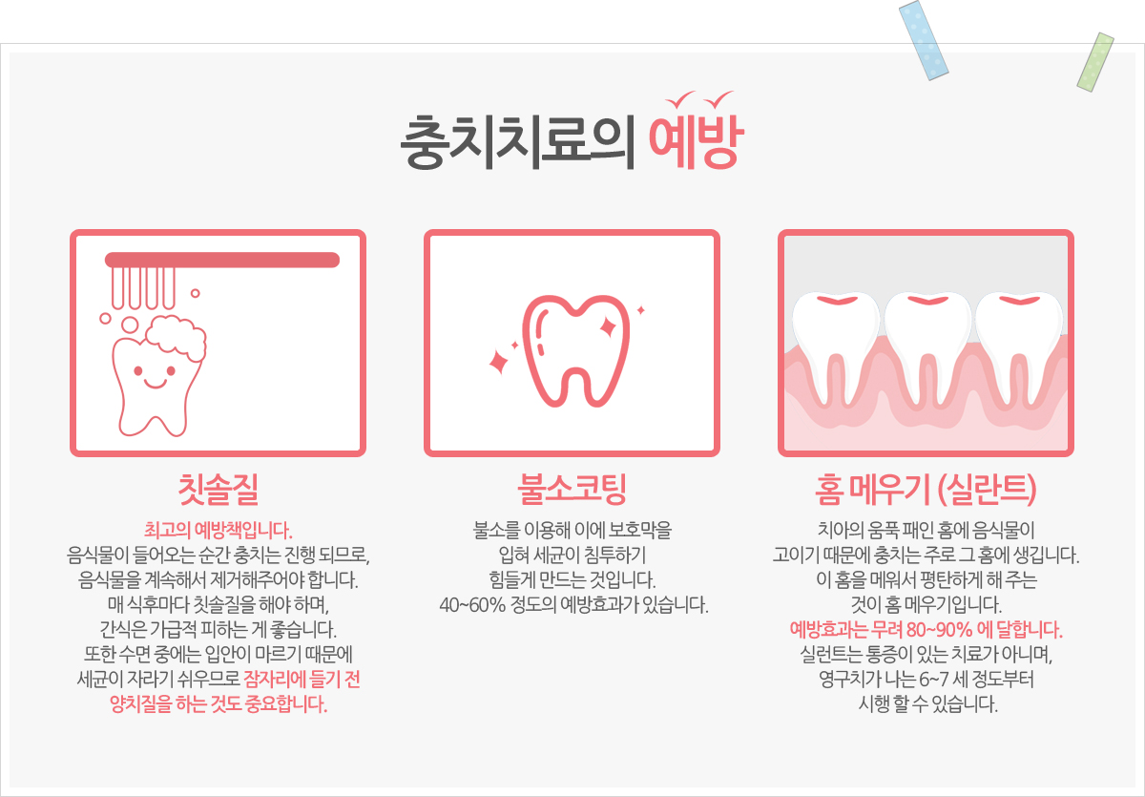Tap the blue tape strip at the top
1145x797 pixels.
tap(924, 40)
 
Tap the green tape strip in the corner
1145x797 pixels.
tap(1095, 62)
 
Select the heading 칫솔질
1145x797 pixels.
tap(219, 490)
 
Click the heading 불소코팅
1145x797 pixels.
tap(572, 490)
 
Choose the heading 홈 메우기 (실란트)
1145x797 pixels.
tap(926, 490)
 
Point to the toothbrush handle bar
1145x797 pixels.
tap(221, 260)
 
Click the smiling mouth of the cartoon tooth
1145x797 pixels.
tap(155, 384)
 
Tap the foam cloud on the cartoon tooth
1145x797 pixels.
tap(177, 337)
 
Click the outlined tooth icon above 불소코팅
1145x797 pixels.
tap(576, 350)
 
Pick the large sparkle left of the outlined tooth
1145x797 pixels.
tap(499, 362)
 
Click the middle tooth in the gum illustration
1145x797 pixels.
tap(927, 347)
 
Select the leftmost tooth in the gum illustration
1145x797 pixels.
tap(836, 347)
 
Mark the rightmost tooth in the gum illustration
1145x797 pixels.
tap(1019, 347)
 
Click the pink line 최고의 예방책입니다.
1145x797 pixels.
tap(219, 530)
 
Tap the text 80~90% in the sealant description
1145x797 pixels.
tap(940, 630)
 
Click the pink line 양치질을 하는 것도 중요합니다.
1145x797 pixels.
tap(219, 705)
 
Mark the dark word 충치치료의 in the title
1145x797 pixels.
tap(518, 142)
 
